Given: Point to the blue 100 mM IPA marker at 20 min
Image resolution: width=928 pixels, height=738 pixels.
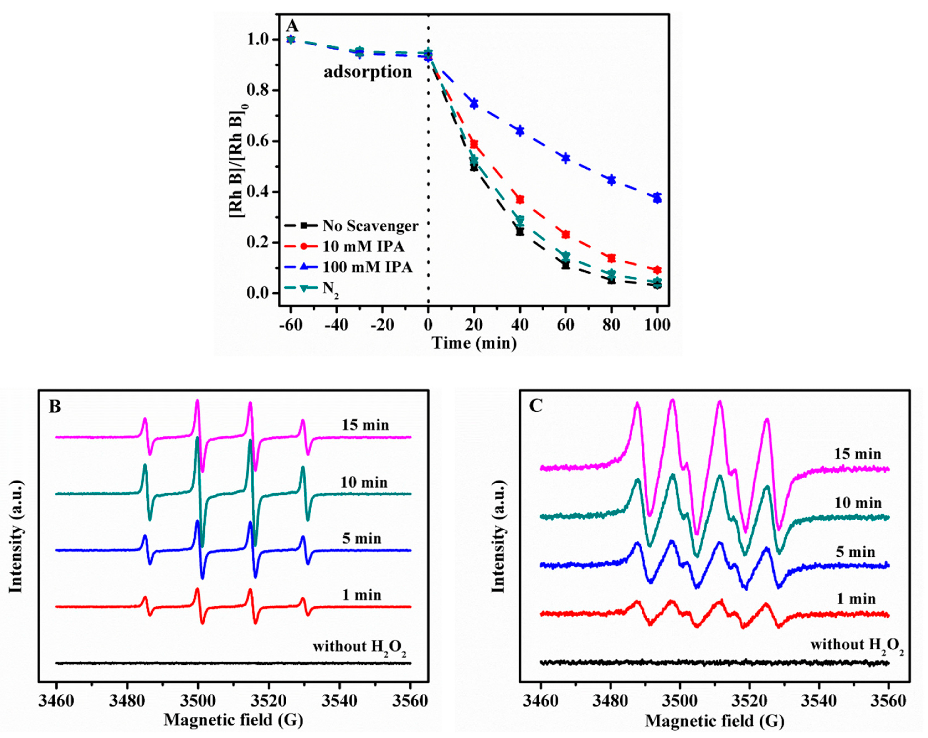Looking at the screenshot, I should pyautogui.click(x=474, y=103).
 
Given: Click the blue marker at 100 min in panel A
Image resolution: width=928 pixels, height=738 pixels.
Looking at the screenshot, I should pyautogui.click(x=657, y=198).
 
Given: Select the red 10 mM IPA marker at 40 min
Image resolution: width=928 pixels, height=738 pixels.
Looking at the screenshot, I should pyautogui.click(x=520, y=199).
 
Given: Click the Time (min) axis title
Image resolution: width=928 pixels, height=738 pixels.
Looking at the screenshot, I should pyautogui.click(x=474, y=343).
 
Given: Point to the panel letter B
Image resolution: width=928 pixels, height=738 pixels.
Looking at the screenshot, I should pyautogui.click(x=55, y=406).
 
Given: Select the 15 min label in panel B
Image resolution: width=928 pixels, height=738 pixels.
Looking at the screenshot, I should pyautogui.click(x=365, y=425).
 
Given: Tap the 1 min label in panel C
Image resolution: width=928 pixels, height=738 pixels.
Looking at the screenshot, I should pyautogui.click(x=856, y=599).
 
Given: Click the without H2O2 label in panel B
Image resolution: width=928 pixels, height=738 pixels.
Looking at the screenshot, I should pyautogui.click(x=360, y=647).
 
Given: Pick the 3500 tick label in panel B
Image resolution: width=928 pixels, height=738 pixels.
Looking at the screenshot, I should pyautogui.click(x=197, y=701).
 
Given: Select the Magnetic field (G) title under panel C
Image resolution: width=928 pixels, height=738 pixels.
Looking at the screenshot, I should pyautogui.click(x=714, y=721).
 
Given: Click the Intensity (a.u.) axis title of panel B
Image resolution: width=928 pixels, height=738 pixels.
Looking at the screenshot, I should pyautogui.click(x=16, y=536).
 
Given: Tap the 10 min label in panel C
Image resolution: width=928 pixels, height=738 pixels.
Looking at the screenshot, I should pyautogui.click(x=858, y=503).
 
